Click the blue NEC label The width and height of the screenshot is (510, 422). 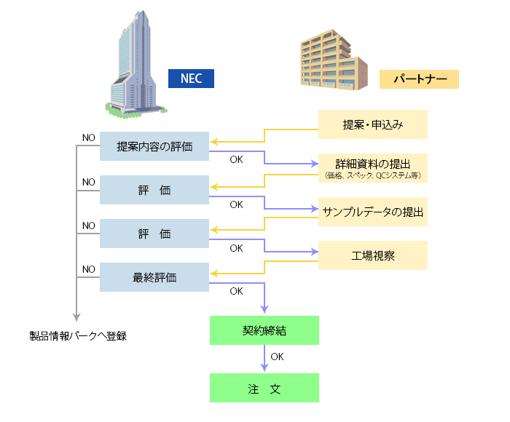click(192, 79)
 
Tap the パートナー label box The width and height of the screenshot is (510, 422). click(419, 79)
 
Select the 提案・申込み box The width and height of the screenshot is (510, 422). click(372, 124)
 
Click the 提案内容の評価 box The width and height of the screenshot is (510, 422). click(154, 146)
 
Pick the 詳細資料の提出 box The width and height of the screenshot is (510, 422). click(372, 164)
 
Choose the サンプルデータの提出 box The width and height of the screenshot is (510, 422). click(372, 212)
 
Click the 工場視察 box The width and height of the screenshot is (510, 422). click(372, 255)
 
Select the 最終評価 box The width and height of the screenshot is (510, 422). click(154, 277)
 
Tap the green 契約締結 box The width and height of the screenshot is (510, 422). click(264, 330)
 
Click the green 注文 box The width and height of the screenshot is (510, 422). click(264, 388)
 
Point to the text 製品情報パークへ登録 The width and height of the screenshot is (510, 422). click(78, 336)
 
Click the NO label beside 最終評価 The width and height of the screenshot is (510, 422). click(89, 269)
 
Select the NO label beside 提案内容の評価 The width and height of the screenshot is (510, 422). click(89, 138)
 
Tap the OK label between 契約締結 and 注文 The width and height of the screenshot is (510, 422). click(277, 357)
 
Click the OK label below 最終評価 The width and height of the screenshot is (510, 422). click(236, 291)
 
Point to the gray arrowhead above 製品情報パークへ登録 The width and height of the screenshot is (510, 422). click(76, 316)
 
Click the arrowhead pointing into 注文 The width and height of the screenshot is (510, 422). click(264, 369)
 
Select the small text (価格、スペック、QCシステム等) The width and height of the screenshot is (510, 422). click(372, 176)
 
